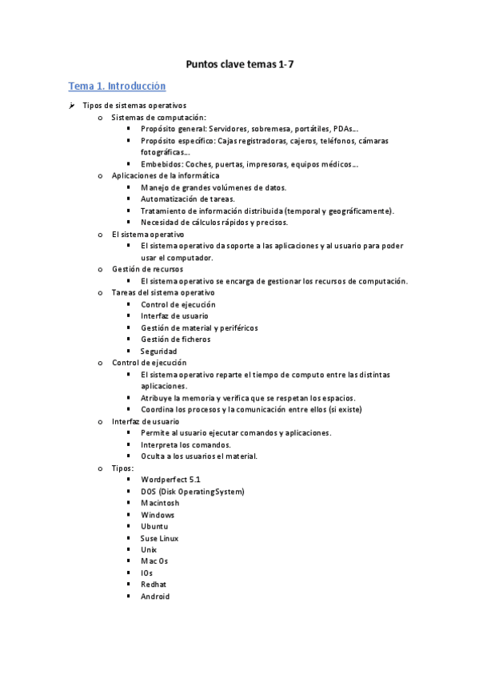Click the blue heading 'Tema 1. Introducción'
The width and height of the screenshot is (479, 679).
coord(117,86)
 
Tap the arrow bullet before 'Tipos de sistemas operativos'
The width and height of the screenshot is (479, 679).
coord(71,106)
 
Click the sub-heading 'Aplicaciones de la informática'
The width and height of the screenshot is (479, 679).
coord(166,175)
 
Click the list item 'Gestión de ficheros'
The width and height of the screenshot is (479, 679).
coord(176,339)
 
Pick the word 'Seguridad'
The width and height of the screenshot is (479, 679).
coord(159,352)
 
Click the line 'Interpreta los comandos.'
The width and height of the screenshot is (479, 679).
coord(186,444)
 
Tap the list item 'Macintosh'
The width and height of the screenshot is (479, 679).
coord(160,503)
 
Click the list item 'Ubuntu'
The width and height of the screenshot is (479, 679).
coord(154,527)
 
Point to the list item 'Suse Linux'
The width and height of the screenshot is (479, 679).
coord(160,538)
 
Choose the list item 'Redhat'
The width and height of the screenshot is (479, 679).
coord(154,585)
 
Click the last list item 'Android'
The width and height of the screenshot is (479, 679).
coord(155,597)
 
